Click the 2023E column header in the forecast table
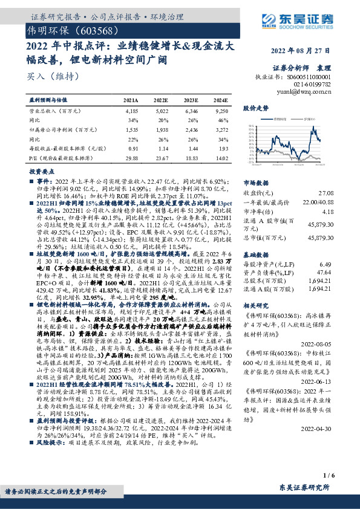tap(193, 100)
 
